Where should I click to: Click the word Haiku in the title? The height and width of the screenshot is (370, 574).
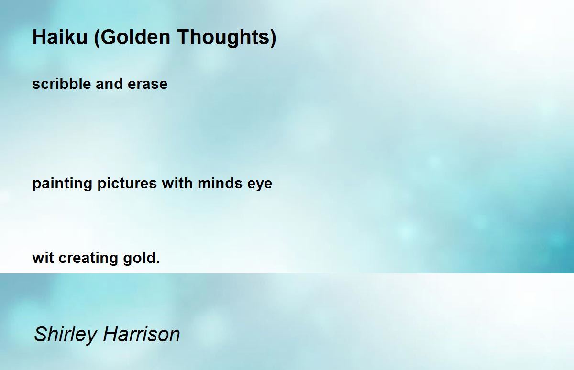(60, 37)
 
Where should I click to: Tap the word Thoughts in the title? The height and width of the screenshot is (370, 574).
(223, 38)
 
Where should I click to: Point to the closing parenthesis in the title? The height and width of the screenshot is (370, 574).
(273, 38)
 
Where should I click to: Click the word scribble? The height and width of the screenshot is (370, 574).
(62, 84)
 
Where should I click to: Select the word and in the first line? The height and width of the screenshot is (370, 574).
(109, 84)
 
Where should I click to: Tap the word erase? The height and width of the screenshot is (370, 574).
(148, 85)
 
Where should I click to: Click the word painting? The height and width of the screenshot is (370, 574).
(62, 184)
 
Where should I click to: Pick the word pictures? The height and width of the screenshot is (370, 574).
(127, 184)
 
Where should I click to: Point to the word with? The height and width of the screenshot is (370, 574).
(177, 183)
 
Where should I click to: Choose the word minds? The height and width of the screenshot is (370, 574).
(220, 183)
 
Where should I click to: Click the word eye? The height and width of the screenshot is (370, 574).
(260, 185)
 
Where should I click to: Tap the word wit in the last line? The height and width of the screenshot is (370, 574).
(43, 258)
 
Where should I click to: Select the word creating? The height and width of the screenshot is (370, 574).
(88, 258)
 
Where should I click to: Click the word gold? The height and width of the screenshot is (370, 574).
(139, 258)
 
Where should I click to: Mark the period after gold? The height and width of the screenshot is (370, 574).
(158, 262)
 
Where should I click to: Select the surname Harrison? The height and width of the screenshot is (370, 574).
(142, 334)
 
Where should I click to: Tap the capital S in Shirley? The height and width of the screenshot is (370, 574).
(41, 334)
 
